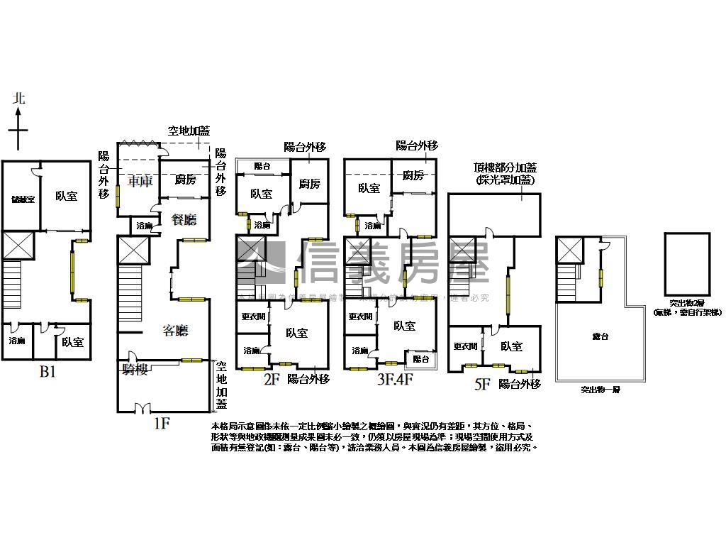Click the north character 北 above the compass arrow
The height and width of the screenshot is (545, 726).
(19, 99)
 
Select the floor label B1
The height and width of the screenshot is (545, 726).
(47, 372)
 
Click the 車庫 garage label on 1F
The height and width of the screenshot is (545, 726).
(139, 181)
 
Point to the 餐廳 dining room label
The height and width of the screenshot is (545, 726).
(184, 219)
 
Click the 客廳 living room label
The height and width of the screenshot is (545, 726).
(175, 330)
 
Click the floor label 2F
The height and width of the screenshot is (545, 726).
(272, 380)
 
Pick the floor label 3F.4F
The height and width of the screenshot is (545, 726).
(395, 380)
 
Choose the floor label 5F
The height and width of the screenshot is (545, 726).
(482, 385)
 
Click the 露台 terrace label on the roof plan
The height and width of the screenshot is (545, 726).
(601, 336)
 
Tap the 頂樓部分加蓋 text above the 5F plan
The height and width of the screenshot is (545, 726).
(506, 168)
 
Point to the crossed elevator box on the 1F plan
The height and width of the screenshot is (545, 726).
(133, 250)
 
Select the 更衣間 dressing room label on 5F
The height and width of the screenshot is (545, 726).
(465, 346)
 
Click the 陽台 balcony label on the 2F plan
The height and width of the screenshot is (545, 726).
(262, 166)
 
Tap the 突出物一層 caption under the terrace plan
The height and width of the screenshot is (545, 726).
(600, 390)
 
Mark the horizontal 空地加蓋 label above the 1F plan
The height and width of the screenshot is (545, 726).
(189, 131)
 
